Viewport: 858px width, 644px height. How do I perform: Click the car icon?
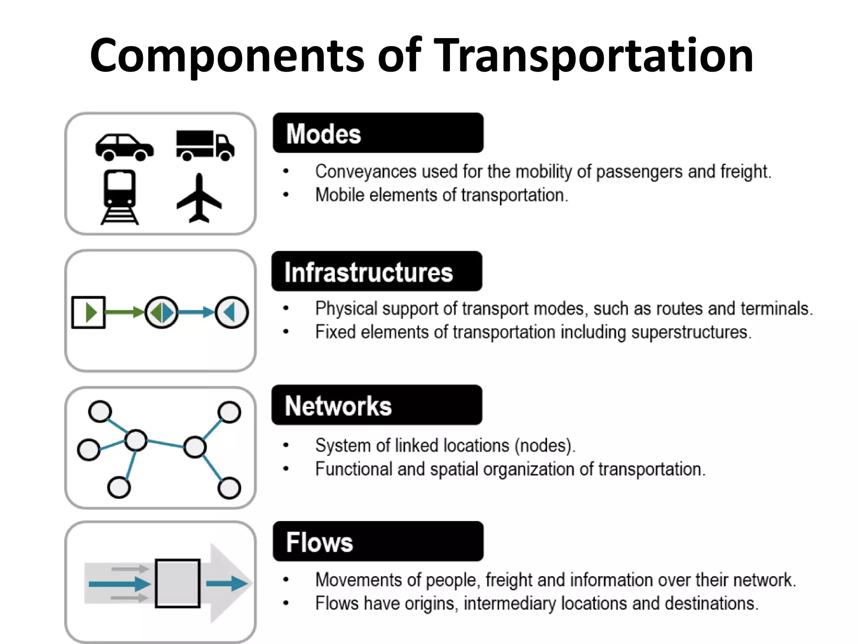[124, 147]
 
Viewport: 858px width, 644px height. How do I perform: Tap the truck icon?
[205, 145]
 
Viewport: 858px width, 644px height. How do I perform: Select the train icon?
[120, 196]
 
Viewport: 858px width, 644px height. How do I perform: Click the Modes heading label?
[323, 134]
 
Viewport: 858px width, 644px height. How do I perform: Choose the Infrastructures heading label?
[368, 272]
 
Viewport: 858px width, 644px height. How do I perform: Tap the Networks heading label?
[338, 406]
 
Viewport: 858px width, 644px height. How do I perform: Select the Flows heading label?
[319, 542]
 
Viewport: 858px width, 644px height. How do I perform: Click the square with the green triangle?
[88, 312]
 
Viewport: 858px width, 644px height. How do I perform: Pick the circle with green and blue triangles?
[162, 312]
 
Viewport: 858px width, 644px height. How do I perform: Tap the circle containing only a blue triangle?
[232, 312]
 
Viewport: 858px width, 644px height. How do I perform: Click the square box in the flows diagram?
[178, 583]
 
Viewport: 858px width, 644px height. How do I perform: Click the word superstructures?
[691, 332]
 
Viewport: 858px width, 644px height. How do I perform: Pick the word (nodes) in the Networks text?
[545, 445]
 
